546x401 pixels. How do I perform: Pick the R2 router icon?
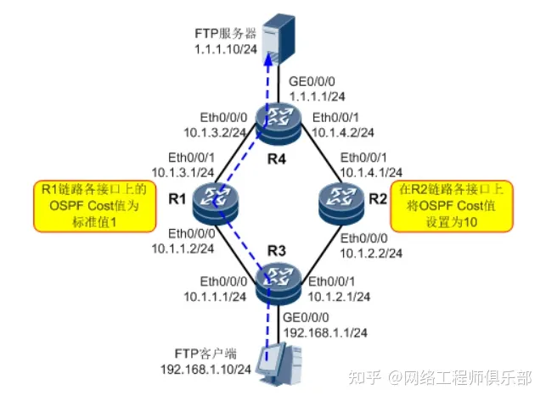pos(335,202)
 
